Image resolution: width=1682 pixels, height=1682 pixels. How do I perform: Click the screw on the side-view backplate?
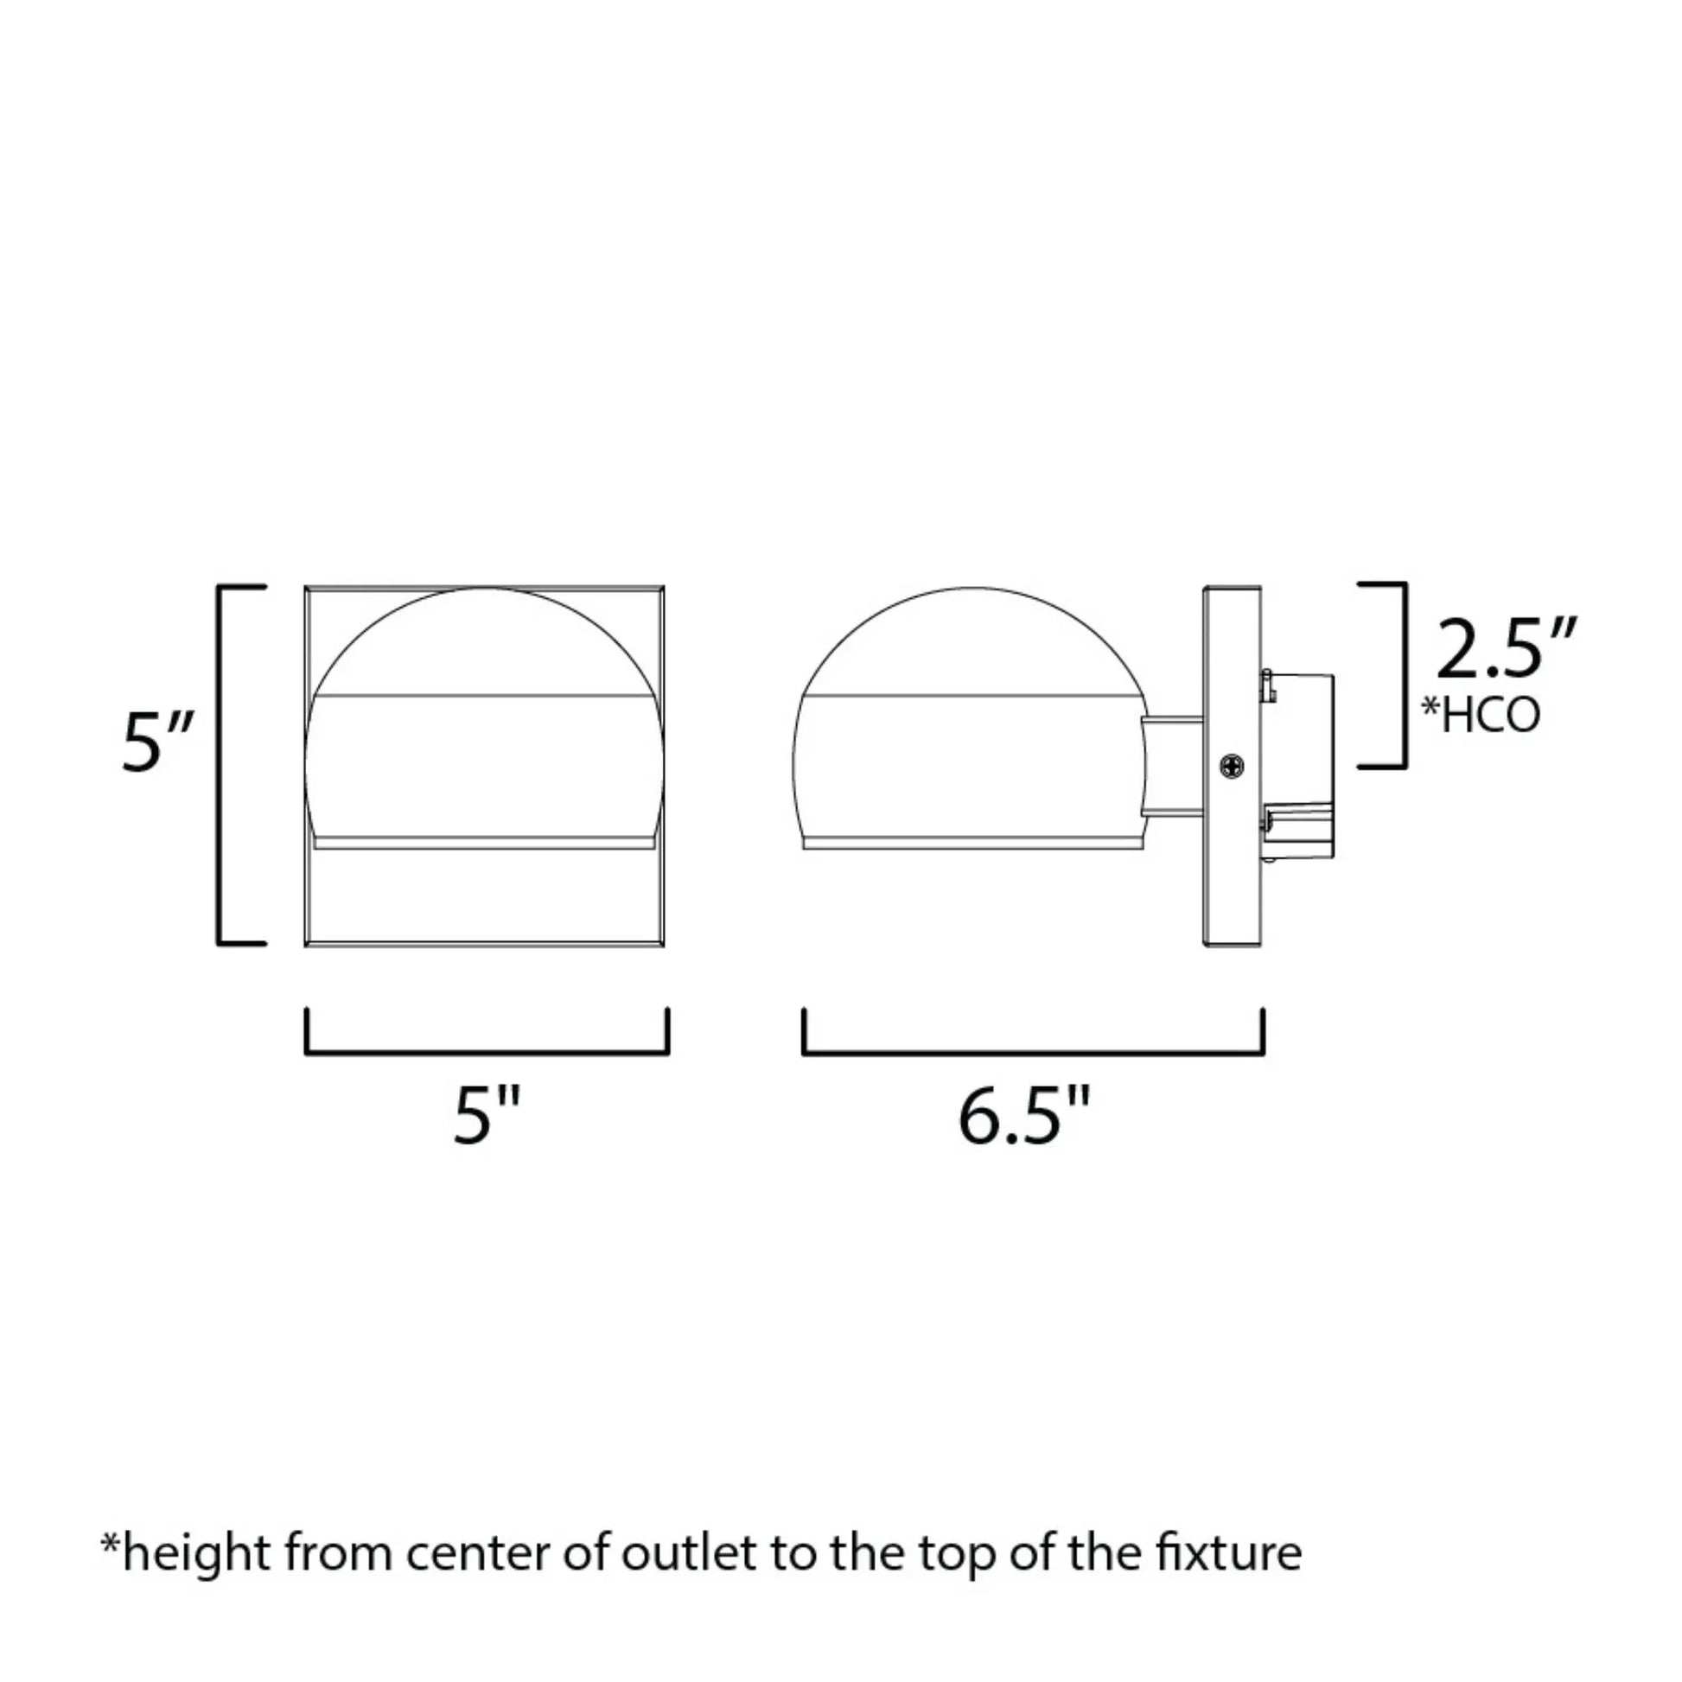pyautogui.click(x=1231, y=766)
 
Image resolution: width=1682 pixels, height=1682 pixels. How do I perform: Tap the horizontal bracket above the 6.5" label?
pyautogui.click(x=1033, y=1052)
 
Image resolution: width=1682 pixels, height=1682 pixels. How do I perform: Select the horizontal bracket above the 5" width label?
pyautogui.click(x=487, y=1052)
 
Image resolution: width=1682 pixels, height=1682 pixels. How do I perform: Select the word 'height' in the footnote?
pyautogui.click(x=196, y=1553)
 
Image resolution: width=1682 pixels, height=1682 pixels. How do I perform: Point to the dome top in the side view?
pyautogui.click(x=966, y=640)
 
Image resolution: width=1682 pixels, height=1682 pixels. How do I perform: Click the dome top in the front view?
pyautogui.click(x=485, y=640)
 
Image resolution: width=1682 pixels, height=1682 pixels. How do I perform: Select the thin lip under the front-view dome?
pyautogui.click(x=484, y=844)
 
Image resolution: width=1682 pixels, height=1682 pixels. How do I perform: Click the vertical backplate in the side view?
pyautogui.click(x=1231, y=870)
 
